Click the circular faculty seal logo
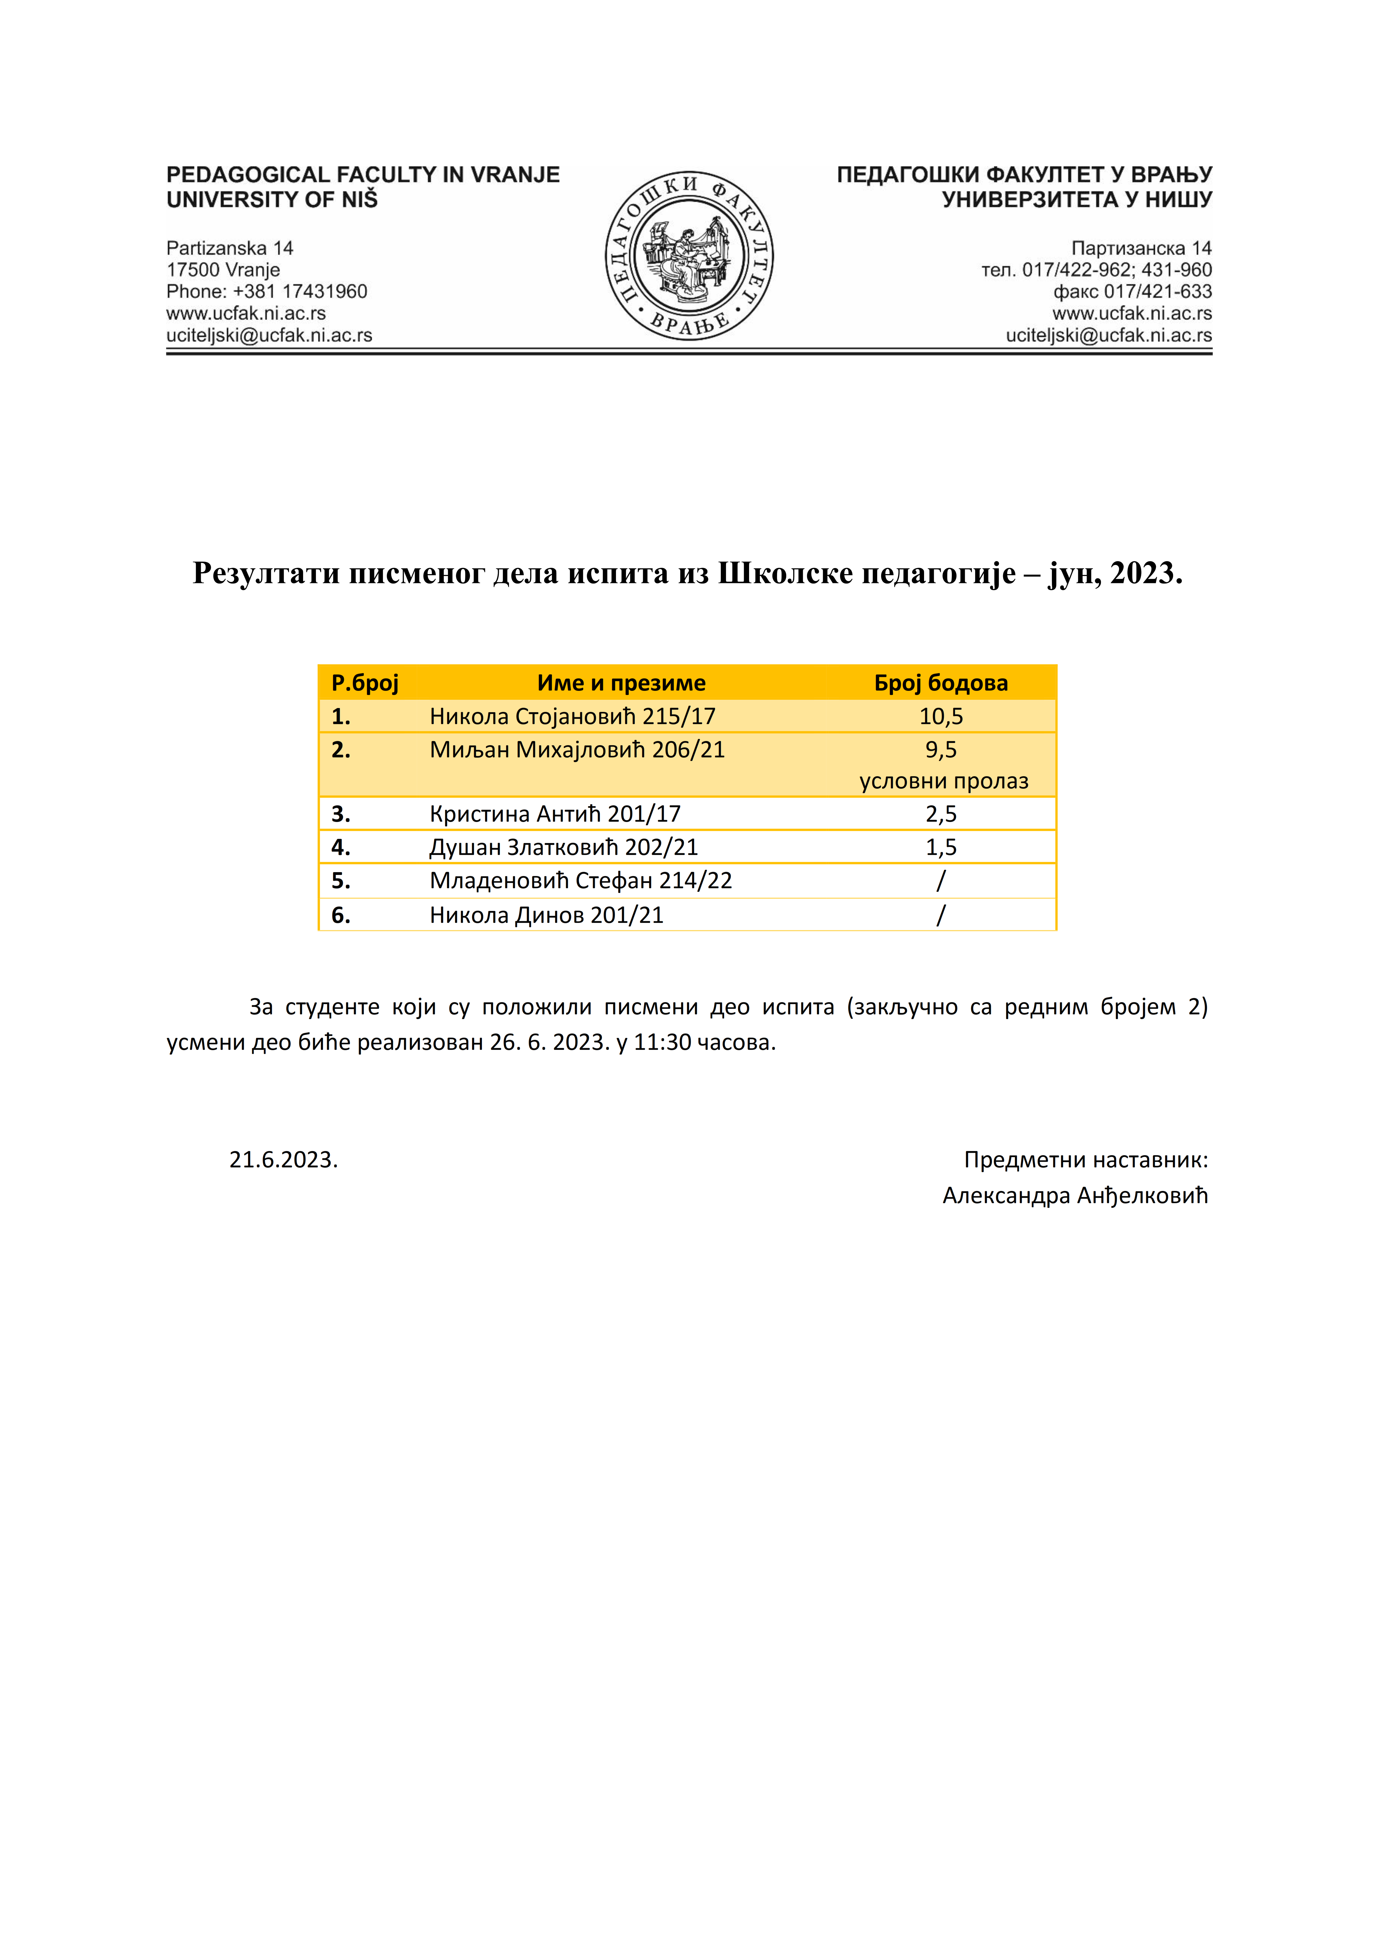689,256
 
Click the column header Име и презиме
621,683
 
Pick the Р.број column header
365,683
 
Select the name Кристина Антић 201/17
555,814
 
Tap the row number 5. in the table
341,881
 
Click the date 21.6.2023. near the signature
283,1160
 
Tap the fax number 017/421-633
1157,291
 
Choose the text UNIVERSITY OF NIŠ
272,200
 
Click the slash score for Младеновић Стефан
940,881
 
